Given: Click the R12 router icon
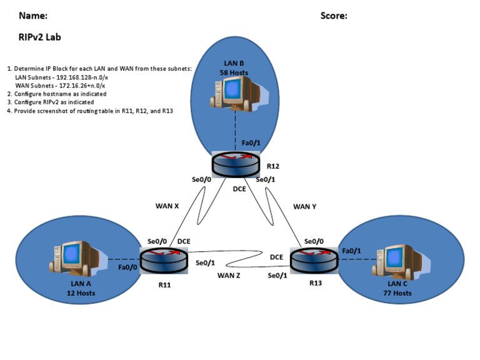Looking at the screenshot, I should tap(235, 164).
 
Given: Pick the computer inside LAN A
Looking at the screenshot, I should tap(74, 257).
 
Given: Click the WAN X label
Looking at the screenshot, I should tap(167, 205).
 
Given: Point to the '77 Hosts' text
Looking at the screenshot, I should tap(397, 293).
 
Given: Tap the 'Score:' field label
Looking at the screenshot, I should tap(334, 16).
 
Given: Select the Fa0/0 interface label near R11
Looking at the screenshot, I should tap(128, 267).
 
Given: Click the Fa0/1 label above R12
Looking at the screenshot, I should tap(251, 143).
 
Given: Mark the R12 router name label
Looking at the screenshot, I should tap(272, 167).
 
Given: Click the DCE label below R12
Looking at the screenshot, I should tap(239, 189).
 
